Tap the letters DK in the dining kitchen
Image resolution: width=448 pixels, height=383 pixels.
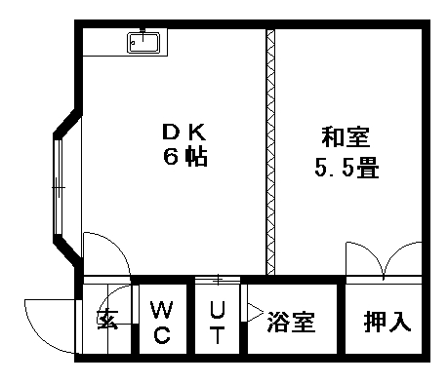coord(184,132)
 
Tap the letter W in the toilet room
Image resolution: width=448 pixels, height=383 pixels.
coord(160,311)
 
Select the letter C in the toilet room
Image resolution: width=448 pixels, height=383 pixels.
coord(160,336)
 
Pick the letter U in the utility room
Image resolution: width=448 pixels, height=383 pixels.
coord(218,311)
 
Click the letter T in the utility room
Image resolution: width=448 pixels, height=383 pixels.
coord(218,336)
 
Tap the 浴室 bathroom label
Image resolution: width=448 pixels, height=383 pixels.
coord(291,322)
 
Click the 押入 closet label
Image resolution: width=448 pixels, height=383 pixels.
coord(387,322)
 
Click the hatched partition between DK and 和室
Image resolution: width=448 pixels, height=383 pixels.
coord(268,151)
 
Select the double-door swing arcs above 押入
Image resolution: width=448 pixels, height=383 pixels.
coord(387,261)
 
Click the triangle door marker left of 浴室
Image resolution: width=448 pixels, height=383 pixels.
coord(254,314)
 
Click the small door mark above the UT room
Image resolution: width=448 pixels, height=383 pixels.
coord(217,280)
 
